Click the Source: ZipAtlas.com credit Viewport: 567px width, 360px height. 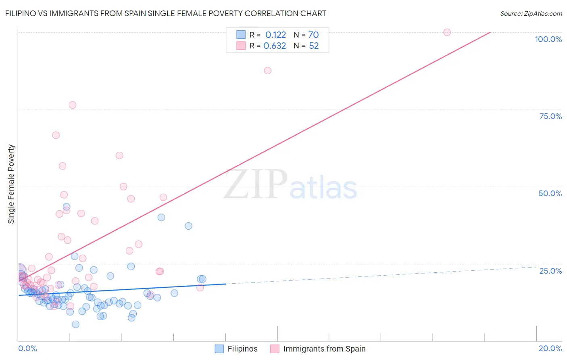point(531,14)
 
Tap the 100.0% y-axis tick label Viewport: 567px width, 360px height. point(548,39)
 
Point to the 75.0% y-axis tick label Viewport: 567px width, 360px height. point(550,116)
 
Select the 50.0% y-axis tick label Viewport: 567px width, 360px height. point(550,193)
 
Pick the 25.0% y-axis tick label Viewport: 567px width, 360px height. point(550,271)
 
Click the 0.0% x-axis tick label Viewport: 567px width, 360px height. point(27,348)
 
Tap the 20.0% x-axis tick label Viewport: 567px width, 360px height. point(550,348)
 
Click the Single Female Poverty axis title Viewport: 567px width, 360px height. point(11,184)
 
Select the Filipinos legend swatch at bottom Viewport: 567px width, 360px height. point(219,349)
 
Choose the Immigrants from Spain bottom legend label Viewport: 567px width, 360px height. point(324,349)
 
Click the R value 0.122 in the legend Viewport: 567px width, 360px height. point(275,35)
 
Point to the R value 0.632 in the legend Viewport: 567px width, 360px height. point(275,46)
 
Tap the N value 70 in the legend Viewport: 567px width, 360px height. point(314,35)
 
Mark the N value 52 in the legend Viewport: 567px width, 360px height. point(314,46)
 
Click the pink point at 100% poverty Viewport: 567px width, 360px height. point(447,32)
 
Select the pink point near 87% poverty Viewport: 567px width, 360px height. point(267,71)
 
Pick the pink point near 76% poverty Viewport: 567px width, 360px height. point(73,105)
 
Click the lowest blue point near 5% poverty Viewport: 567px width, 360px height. point(75,324)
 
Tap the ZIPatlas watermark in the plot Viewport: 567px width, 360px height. point(290,185)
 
